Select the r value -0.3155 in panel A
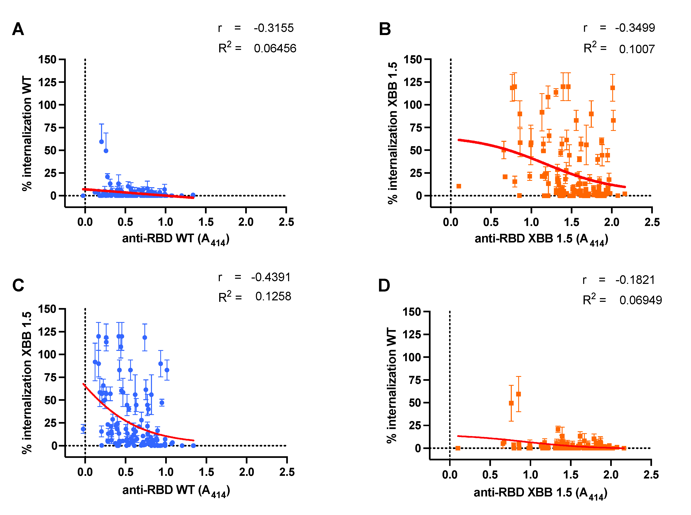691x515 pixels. coord(273,28)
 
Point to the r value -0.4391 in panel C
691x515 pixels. coord(271,277)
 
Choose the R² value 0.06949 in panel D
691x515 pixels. coord(640,300)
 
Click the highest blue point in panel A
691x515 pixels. coord(101,142)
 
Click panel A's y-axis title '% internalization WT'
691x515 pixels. coord(27,133)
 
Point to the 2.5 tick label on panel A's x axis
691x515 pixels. coord(286,222)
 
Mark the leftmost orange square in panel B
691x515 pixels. coord(459,186)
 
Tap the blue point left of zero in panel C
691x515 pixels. coord(83,429)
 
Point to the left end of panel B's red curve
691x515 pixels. coord(459,140)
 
